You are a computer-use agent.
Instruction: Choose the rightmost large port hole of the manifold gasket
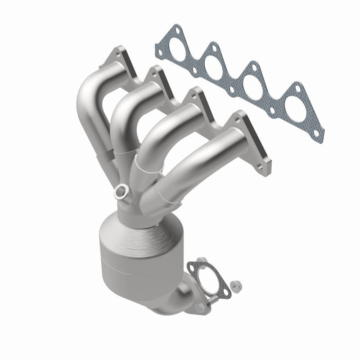297,105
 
